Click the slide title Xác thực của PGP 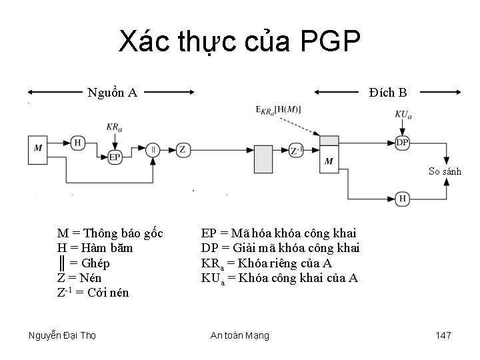(x=240, y=42)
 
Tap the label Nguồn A (x=113, y=92)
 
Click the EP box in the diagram (x=115, y=157)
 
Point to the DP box (x=402, y=142)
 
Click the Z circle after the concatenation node (x=183, y=149)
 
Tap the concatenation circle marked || (x=154, y=149)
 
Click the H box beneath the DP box (x=402, y=198)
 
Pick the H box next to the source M (x=78, y=142)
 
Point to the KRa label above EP (x=114, y=127)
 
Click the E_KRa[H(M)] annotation (x=278, y=109)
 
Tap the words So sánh (x=445, y=171)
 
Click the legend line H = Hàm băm (x=95, y=248)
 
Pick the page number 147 (x=443, y=335)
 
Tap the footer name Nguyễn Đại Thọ (x=63, y=335)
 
